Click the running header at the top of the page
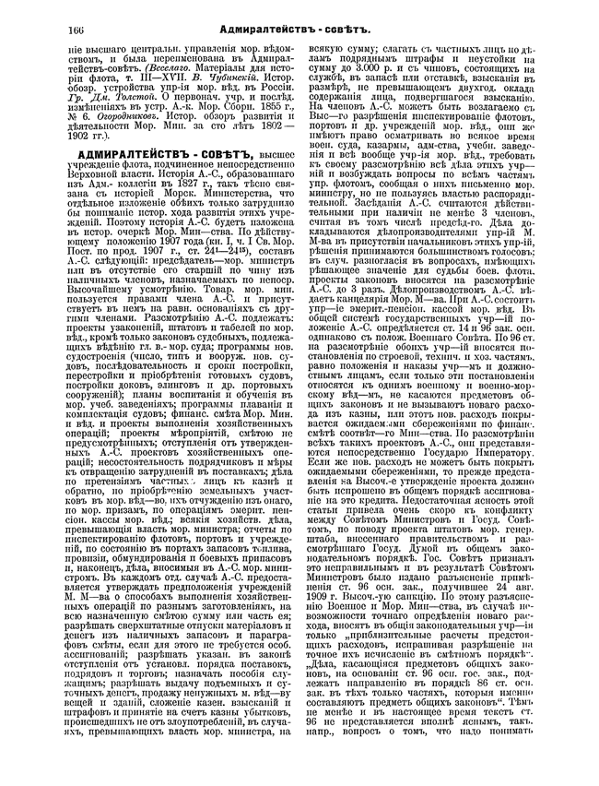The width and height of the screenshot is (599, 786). pos(300,31)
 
